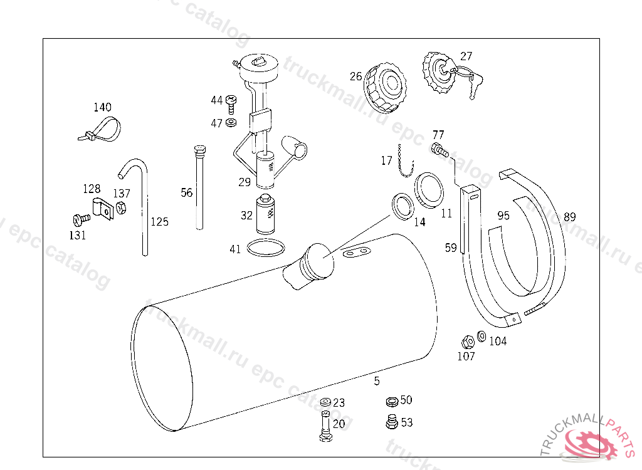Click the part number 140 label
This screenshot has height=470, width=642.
coord(102,108)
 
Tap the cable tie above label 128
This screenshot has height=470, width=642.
coord(100,130)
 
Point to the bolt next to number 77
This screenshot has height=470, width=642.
coord(439,150)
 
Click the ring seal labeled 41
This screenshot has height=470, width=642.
coord(265,248)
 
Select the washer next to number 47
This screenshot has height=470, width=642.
coord(231,122)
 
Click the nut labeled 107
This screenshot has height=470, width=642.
coord(466,342)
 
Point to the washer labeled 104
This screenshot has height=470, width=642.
coord(481,337)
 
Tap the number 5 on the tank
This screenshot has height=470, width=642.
coord(377,380)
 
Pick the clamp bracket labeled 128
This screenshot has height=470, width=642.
coord(101,207)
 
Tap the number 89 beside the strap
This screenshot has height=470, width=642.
coord(569,217)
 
